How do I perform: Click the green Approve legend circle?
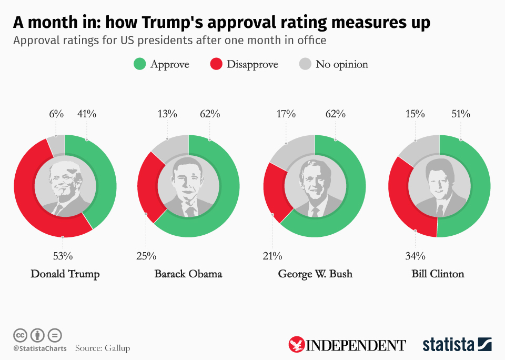coord(139,64)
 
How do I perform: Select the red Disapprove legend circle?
coord(216,64)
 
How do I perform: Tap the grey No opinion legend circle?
coord(305,64)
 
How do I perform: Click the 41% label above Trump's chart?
coord(87,114)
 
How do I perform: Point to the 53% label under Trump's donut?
coord(63,256)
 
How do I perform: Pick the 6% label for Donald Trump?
coord(56,114)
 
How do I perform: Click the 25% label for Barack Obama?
coord(146,256)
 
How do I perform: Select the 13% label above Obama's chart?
coord(167,114)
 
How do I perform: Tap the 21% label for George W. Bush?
coord(272,256)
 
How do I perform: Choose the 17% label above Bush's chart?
coord(286,114)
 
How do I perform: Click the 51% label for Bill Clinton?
coord(461,114)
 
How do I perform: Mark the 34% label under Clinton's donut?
coord(415,256)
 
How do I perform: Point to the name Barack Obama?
coord(188,274)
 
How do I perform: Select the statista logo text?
coord(448,345)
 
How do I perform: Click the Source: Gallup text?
coord(102,348)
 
